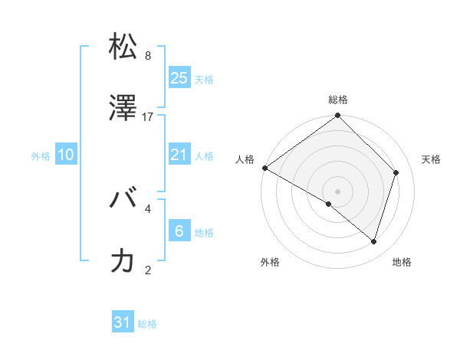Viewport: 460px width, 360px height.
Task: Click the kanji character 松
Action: pos(123,47)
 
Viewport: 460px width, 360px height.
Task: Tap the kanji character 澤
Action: pos(123,109)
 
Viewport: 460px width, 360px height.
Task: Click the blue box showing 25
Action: pos(179,78)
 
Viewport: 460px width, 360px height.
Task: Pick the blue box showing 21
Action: pos(179,155)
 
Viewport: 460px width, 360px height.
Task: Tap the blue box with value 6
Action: pos(179,231)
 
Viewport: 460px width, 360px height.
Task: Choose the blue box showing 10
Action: pos(66,155)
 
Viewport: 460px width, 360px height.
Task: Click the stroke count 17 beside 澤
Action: pos(148,116)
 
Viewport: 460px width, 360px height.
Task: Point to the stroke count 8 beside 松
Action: pos(148,55)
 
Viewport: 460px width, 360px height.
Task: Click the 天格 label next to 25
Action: pos(204,80)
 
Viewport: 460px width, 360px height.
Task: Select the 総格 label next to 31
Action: pos(147,325)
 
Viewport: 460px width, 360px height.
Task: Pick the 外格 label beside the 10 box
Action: pos(41,156)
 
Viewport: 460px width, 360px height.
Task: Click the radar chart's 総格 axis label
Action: pos(338,100)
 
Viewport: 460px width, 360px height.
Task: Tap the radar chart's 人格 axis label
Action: pos(245,159)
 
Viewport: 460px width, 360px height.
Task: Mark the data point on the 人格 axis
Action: pos(264,168)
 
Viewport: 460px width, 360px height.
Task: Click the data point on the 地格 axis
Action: pos(373,241)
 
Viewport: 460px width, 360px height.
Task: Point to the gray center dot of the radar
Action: pos(338,191)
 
